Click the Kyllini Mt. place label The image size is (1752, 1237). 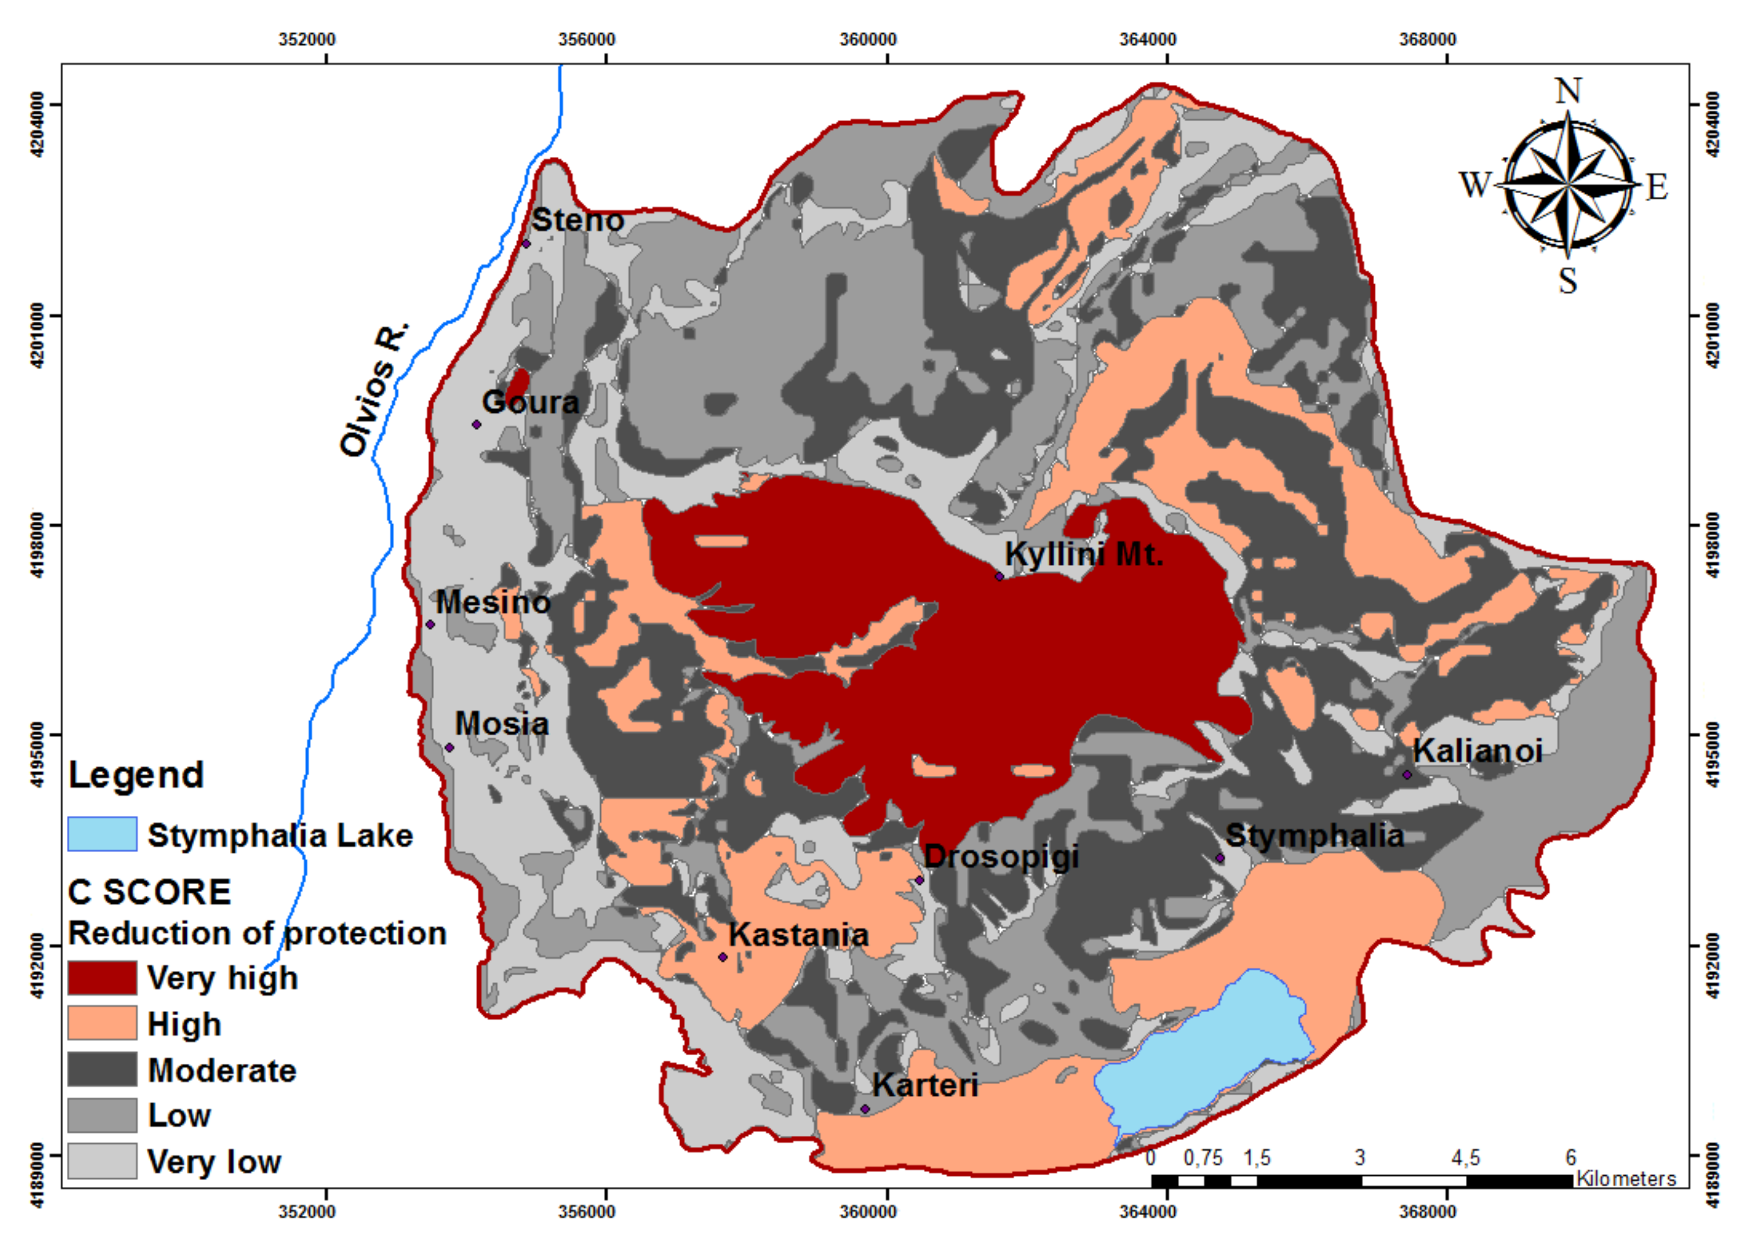click(1084, 555)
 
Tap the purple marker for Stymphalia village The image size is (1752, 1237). click(1220, 858)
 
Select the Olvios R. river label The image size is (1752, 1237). click(374, 390)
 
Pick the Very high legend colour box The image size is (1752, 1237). click(102, 978)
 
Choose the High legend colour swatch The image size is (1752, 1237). click(102, 1023)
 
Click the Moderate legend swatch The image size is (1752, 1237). click(102, 1069)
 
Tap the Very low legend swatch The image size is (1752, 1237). click(102, 1161)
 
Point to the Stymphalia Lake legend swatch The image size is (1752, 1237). click(102, 834)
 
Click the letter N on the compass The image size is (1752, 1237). click(1568, 92)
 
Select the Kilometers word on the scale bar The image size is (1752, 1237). click(1626, 1179)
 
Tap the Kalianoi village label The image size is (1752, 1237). click(1477, 751)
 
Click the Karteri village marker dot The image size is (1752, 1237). click(864, 1109)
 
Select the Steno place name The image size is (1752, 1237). click(578, 221)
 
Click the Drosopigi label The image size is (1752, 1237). click(1001, 856)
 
